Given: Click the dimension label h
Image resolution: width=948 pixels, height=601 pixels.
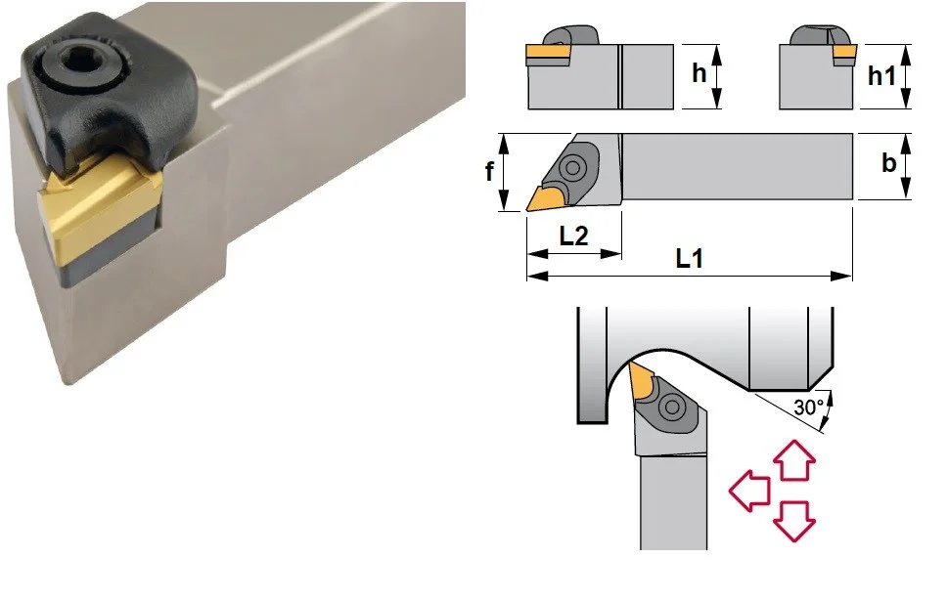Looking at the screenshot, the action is (699, 73).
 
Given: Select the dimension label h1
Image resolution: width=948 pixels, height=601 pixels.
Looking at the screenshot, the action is (881, 76).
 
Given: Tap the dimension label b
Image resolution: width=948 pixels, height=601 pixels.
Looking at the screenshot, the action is (888, 162).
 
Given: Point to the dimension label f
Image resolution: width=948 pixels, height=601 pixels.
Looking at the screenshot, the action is (490, 171).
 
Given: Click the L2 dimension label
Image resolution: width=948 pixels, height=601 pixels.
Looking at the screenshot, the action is (573, 236).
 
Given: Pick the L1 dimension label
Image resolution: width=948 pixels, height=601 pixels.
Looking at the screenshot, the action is (690, 259).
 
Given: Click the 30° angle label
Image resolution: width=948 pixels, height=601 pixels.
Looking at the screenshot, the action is (809, 408).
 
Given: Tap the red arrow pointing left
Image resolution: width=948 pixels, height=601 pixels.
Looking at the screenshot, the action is (749, 491).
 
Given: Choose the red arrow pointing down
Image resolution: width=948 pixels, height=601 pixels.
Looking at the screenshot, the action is (794, 521).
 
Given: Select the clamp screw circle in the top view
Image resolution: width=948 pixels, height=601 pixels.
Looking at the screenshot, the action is (572, 167).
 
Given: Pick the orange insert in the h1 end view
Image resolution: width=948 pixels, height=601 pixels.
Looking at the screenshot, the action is (844, 55).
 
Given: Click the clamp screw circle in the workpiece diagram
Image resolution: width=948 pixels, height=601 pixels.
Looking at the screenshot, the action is (672, 408).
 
